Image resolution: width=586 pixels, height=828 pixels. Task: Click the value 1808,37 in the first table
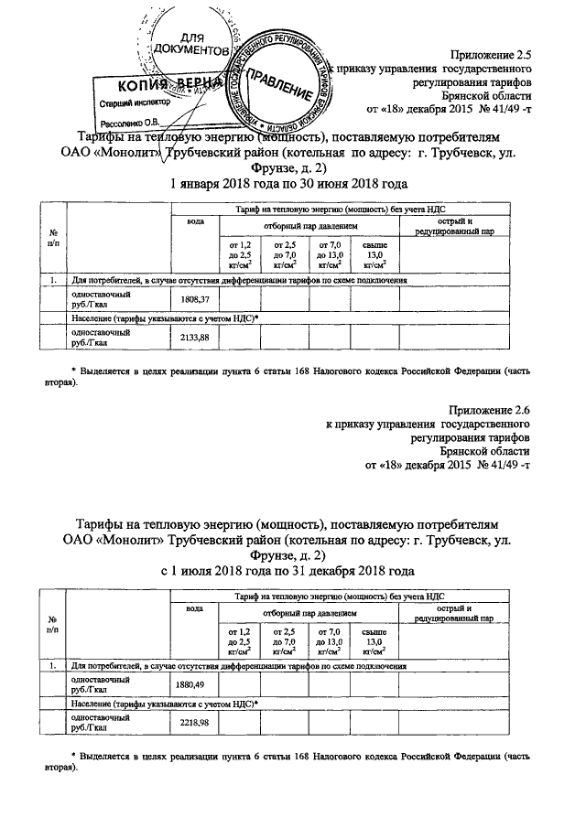(196, 300)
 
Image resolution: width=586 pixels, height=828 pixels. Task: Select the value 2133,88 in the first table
(196, 338)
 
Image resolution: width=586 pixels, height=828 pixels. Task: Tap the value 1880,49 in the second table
(196, 684)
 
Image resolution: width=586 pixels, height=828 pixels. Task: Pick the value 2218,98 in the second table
(196, 723)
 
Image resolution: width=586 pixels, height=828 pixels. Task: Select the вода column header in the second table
(194, 608)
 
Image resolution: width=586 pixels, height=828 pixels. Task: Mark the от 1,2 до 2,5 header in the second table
(239, 640)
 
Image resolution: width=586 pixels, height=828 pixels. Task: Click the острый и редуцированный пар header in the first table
(466, 226)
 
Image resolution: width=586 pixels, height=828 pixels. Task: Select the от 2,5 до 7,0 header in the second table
(283, 640)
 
